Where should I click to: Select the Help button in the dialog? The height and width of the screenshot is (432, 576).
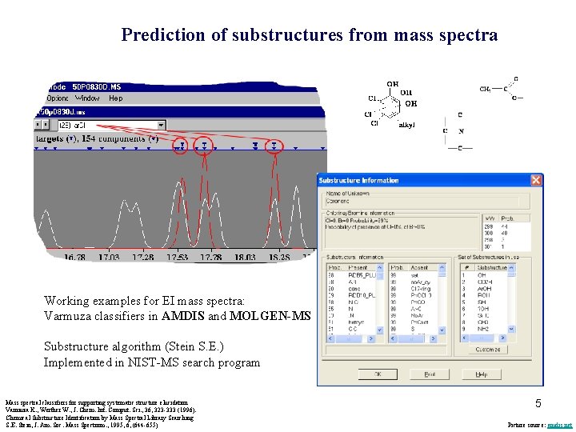481,374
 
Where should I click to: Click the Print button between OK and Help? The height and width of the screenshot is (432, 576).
429,374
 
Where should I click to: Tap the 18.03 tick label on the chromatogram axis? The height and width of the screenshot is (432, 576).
245,257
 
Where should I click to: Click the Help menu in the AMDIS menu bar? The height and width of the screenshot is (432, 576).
116,98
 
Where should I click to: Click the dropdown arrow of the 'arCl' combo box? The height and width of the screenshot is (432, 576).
161,125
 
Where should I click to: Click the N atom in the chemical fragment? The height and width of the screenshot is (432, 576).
462,130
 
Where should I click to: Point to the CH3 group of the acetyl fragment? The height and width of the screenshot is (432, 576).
486,89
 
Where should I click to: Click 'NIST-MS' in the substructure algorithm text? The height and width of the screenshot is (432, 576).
144,362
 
